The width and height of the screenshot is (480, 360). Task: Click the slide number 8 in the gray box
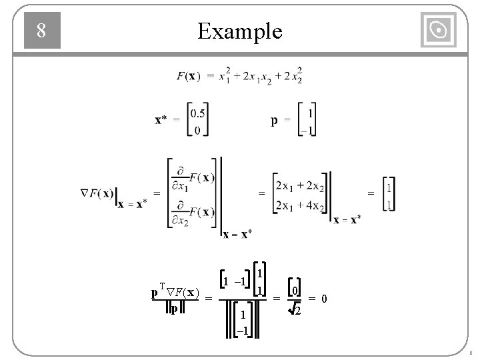click(41, 31)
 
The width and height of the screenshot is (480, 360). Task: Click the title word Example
click(240, 31)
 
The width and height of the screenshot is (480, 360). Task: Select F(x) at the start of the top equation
click(186, 76)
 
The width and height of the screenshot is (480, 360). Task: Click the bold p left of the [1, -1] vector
click(274, 121)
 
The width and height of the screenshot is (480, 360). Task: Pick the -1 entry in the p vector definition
click(308, 130)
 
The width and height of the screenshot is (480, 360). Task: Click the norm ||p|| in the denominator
click(173, 309)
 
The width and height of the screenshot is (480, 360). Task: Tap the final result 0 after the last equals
click(324, 299)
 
